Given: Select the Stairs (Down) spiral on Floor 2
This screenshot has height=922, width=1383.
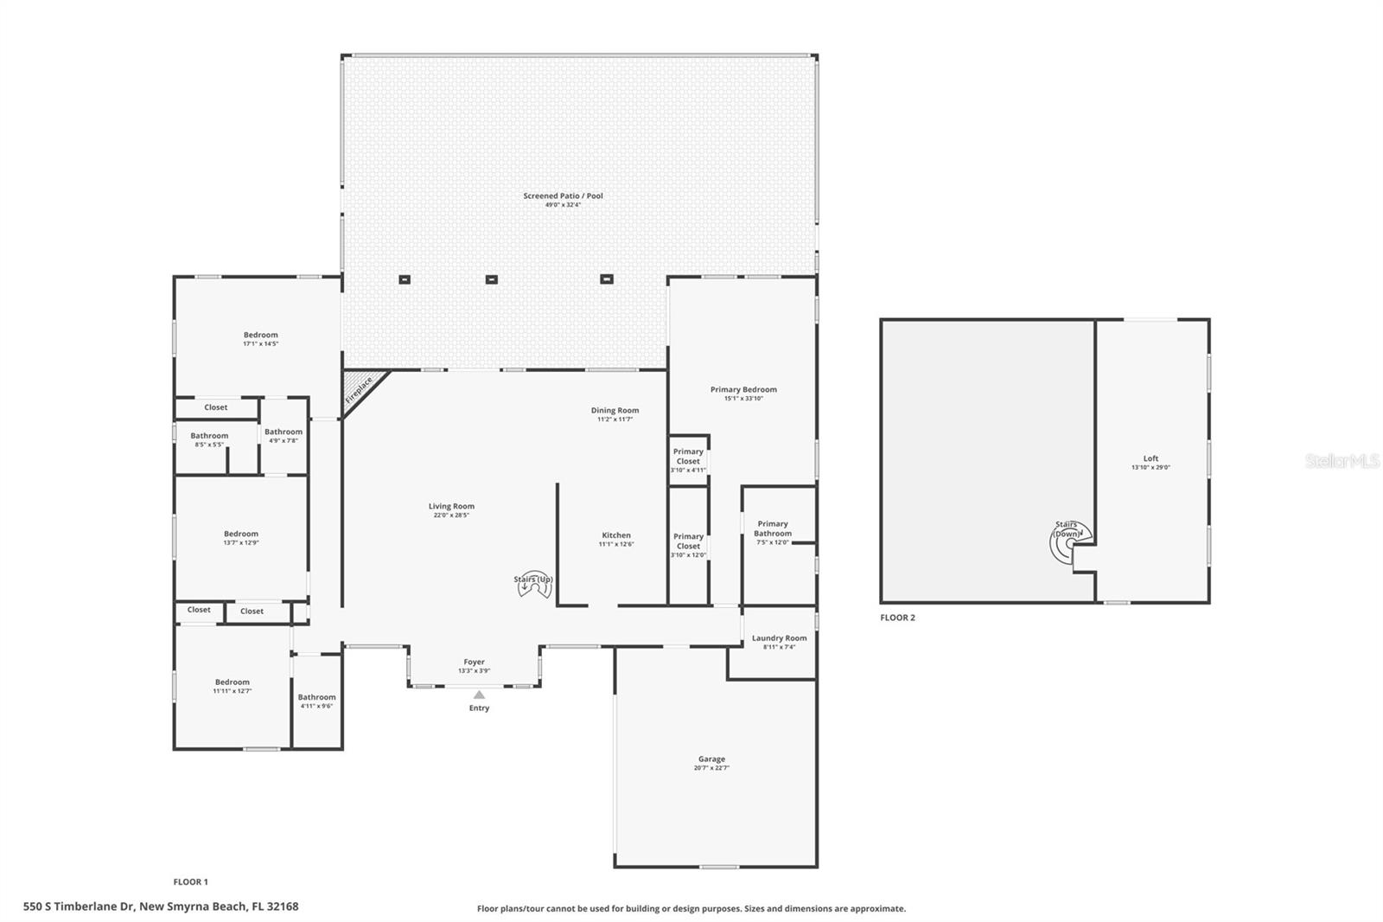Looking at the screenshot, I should [x=1068, y=543].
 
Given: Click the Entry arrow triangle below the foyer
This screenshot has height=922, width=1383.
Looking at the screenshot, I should [x=479, y=695].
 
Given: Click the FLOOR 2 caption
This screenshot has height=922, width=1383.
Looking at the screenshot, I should [x=897, y=618].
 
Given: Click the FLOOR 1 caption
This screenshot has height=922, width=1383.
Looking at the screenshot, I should [x=190, y=882].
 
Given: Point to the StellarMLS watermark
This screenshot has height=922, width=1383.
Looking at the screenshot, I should [x=1342, y=462].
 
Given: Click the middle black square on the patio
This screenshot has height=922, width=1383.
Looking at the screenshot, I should [x=491, y=279].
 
